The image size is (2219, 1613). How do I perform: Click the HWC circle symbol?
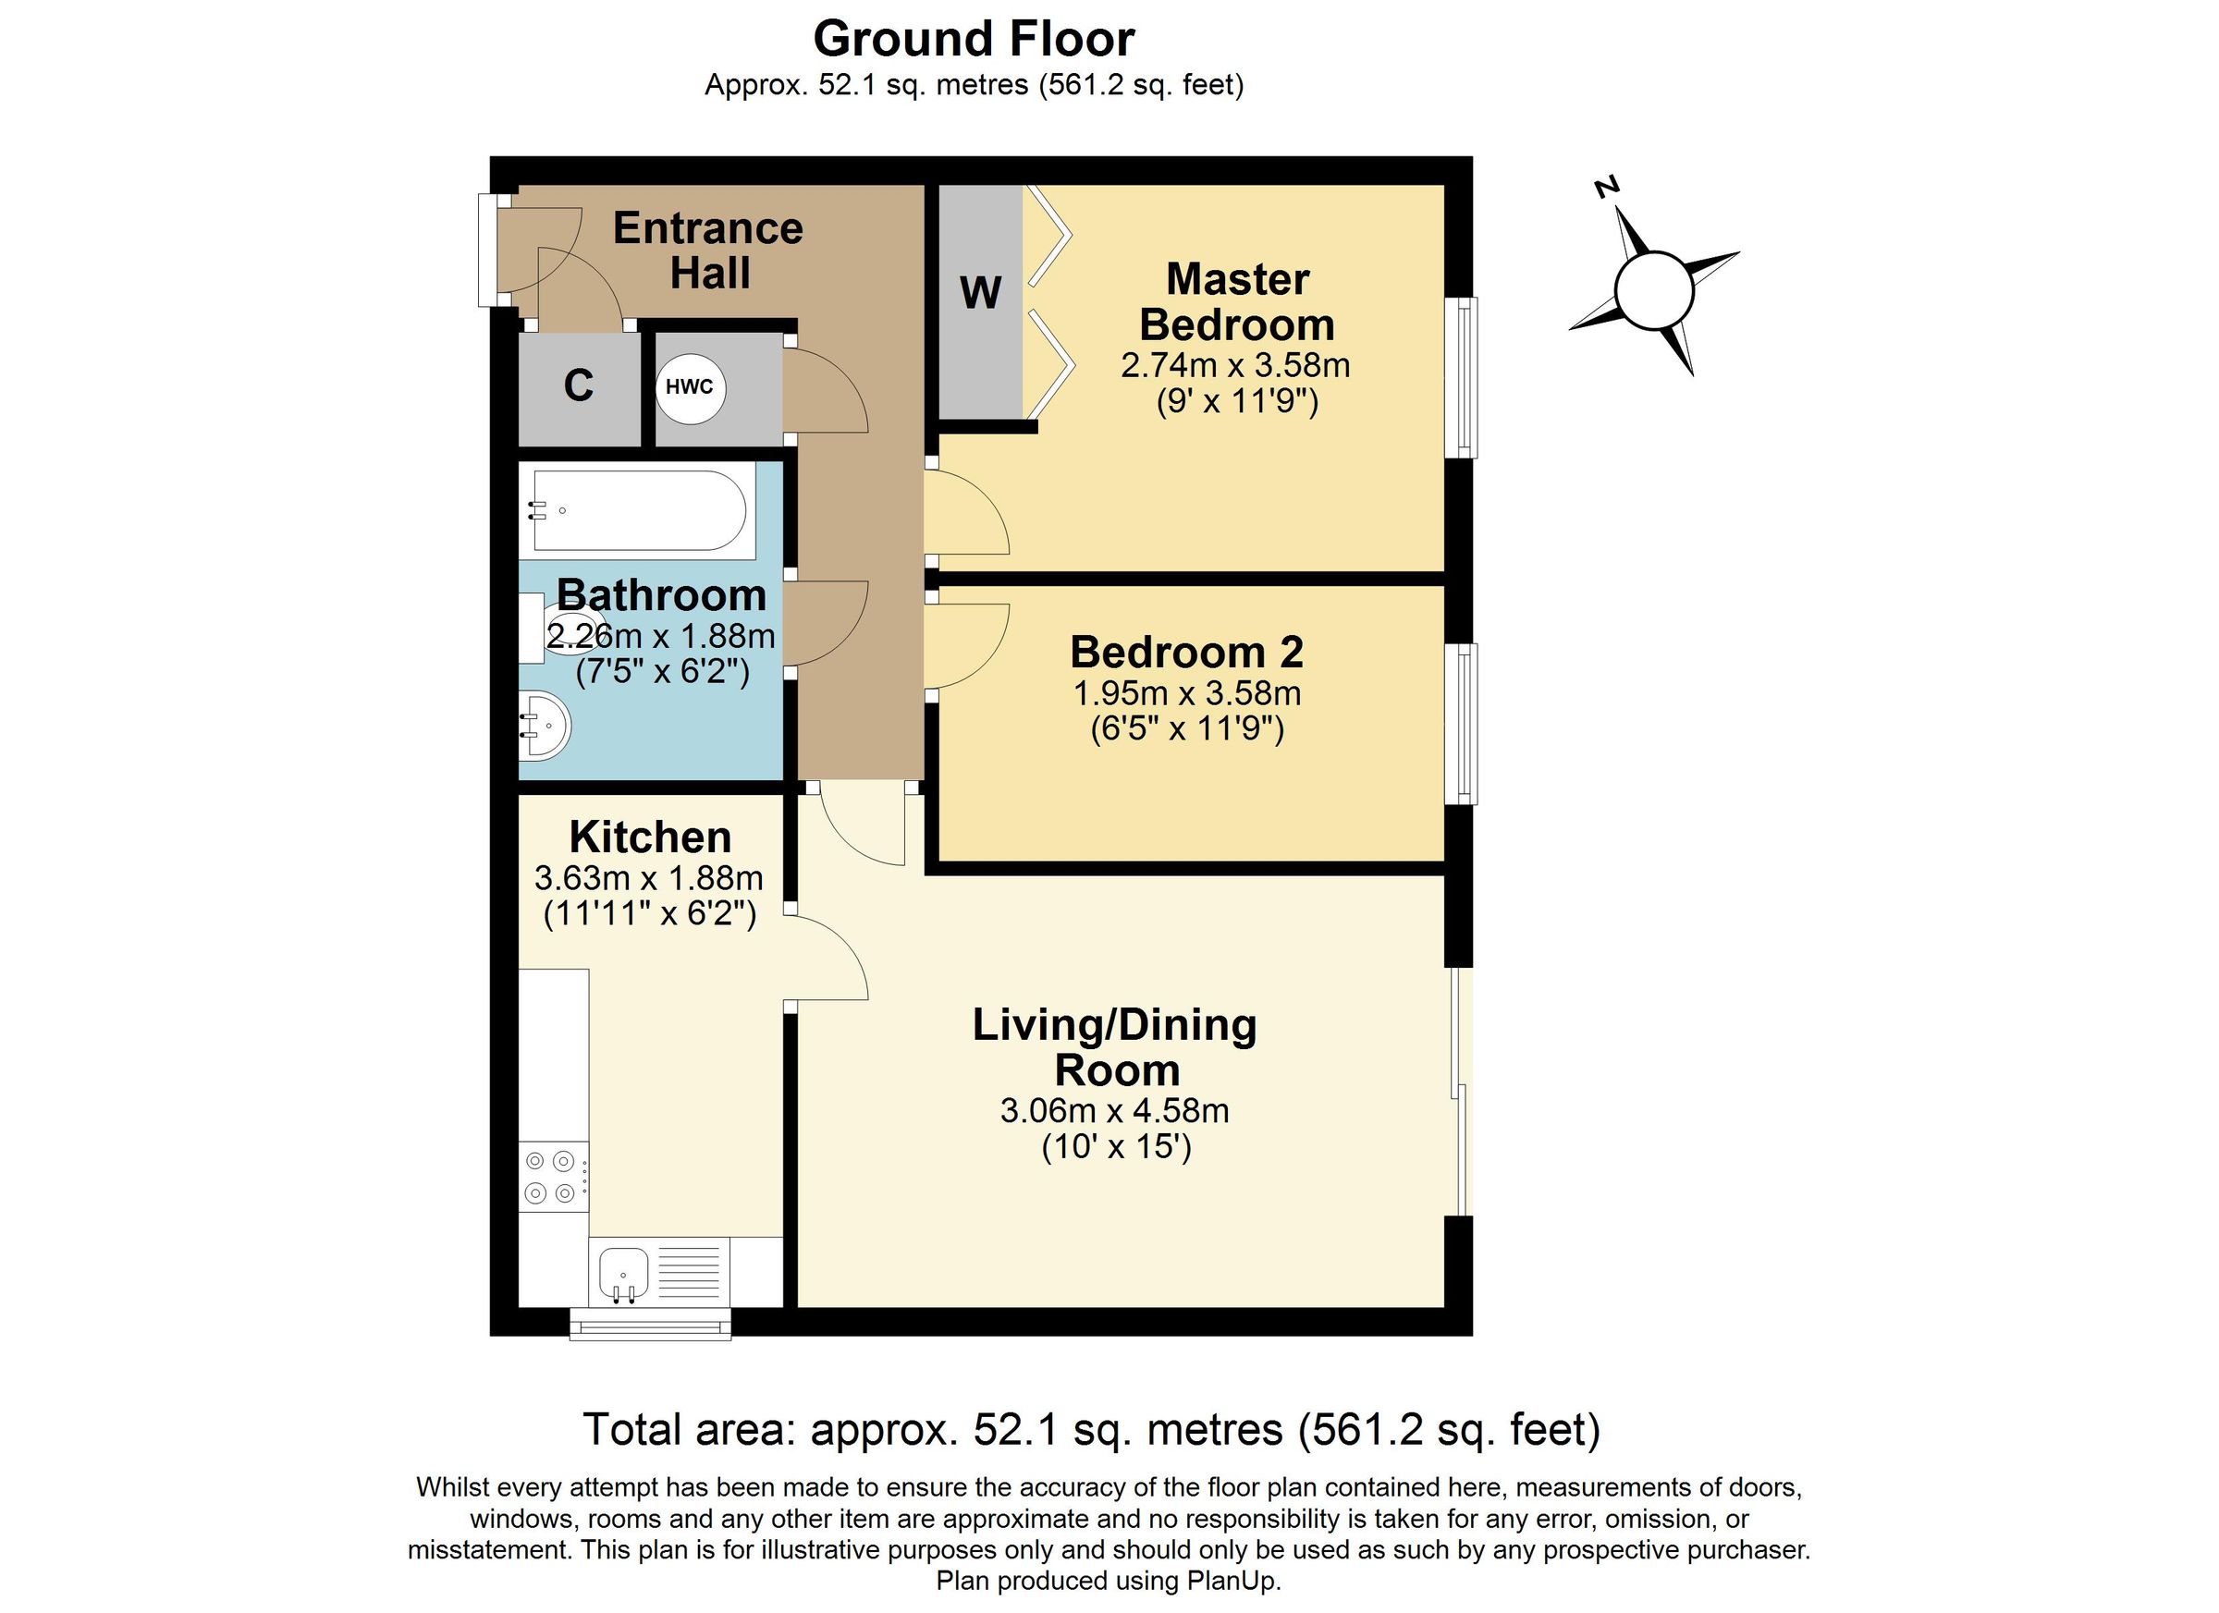click(x=690, y=386)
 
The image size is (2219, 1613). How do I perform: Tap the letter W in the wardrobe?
click(x=980, y=292)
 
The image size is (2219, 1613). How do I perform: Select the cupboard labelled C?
click(x=578, y=385)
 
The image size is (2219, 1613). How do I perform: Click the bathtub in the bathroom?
click(x=636, y=510)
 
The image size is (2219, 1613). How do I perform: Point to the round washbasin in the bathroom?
click(x=544, y=726)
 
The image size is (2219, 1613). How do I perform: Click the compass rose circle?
click(x=1653, y=290)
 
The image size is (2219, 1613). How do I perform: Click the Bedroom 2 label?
click(x=1186, y=652)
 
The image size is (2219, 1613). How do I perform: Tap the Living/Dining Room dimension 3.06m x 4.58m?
click(x=1114, y=1110)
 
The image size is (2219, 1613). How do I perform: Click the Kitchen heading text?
click(x=650, y=837)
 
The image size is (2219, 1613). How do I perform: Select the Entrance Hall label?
click(x=707, y=251)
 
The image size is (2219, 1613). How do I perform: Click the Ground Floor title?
click(x=974, y=39)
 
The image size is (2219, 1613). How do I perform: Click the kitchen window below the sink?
click(x=650, y=1325)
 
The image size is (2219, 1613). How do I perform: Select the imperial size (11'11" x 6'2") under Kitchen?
click(x=650, y=913)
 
